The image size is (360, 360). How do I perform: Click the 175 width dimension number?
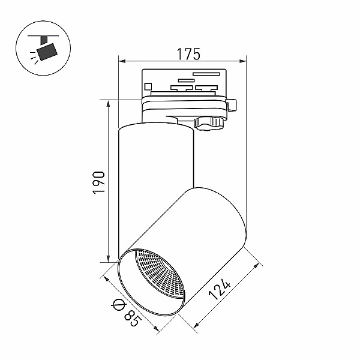tap(188, 54)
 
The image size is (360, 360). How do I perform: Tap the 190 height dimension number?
tap(99, 182)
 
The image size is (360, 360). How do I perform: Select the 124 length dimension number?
tap(219, 289)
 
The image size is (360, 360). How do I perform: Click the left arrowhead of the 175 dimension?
tap(122, 61)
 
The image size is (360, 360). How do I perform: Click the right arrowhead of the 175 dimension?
tap(242, 61)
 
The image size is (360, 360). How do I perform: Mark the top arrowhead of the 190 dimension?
tap(108, 104)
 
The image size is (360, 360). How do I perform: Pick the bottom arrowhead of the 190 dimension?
tap(108, 258)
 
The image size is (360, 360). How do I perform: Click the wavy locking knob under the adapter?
tap(209, 124)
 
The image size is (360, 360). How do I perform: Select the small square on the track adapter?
tap(148, 86)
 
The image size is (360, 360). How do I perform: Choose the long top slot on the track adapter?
tap(206, 74)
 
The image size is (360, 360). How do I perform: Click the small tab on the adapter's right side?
tap(232, 105)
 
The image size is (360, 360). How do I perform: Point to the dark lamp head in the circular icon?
tap(47, 52)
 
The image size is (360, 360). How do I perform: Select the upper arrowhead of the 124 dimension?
tap(257, 266)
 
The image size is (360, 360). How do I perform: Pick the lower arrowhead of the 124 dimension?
tap(197, 325)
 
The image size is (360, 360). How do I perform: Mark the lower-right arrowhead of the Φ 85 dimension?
tap(156, 329)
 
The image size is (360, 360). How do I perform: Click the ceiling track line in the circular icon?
tap(43, 36)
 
